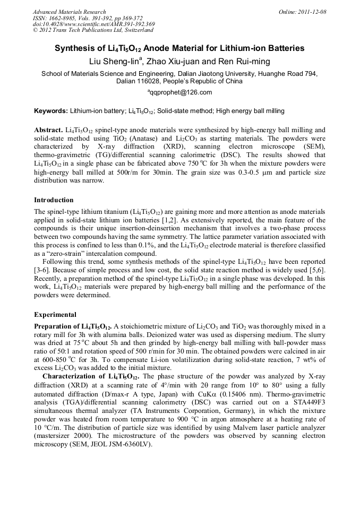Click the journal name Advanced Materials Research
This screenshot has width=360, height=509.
pyautogui.click(x=69, y=12)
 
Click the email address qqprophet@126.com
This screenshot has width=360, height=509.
pyautogui.click(x=181, y=92)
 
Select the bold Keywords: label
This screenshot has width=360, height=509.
pyautogui.click(x=51, y=111)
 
